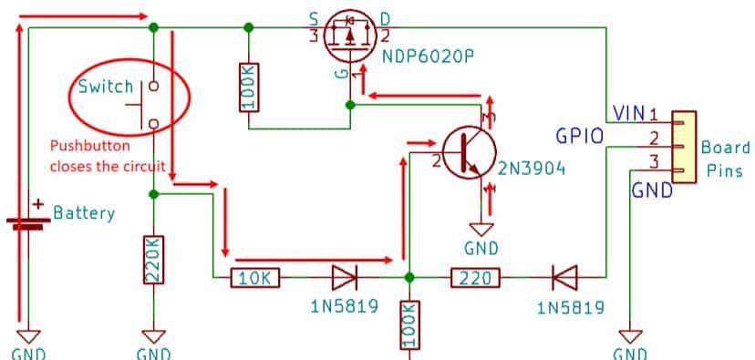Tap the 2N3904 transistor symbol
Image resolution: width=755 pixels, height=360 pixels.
point(469,149)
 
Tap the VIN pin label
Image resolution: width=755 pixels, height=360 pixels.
point(630,113)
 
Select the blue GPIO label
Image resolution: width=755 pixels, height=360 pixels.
point(579,137)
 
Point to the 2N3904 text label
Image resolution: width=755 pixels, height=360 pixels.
point(533,169)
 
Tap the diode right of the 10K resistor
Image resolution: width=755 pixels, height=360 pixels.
point(343,276)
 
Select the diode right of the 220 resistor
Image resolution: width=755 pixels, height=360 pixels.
point(562,276)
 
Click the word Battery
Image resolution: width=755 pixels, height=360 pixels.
point(84,214)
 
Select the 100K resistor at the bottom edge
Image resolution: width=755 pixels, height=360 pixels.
point(409,324)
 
